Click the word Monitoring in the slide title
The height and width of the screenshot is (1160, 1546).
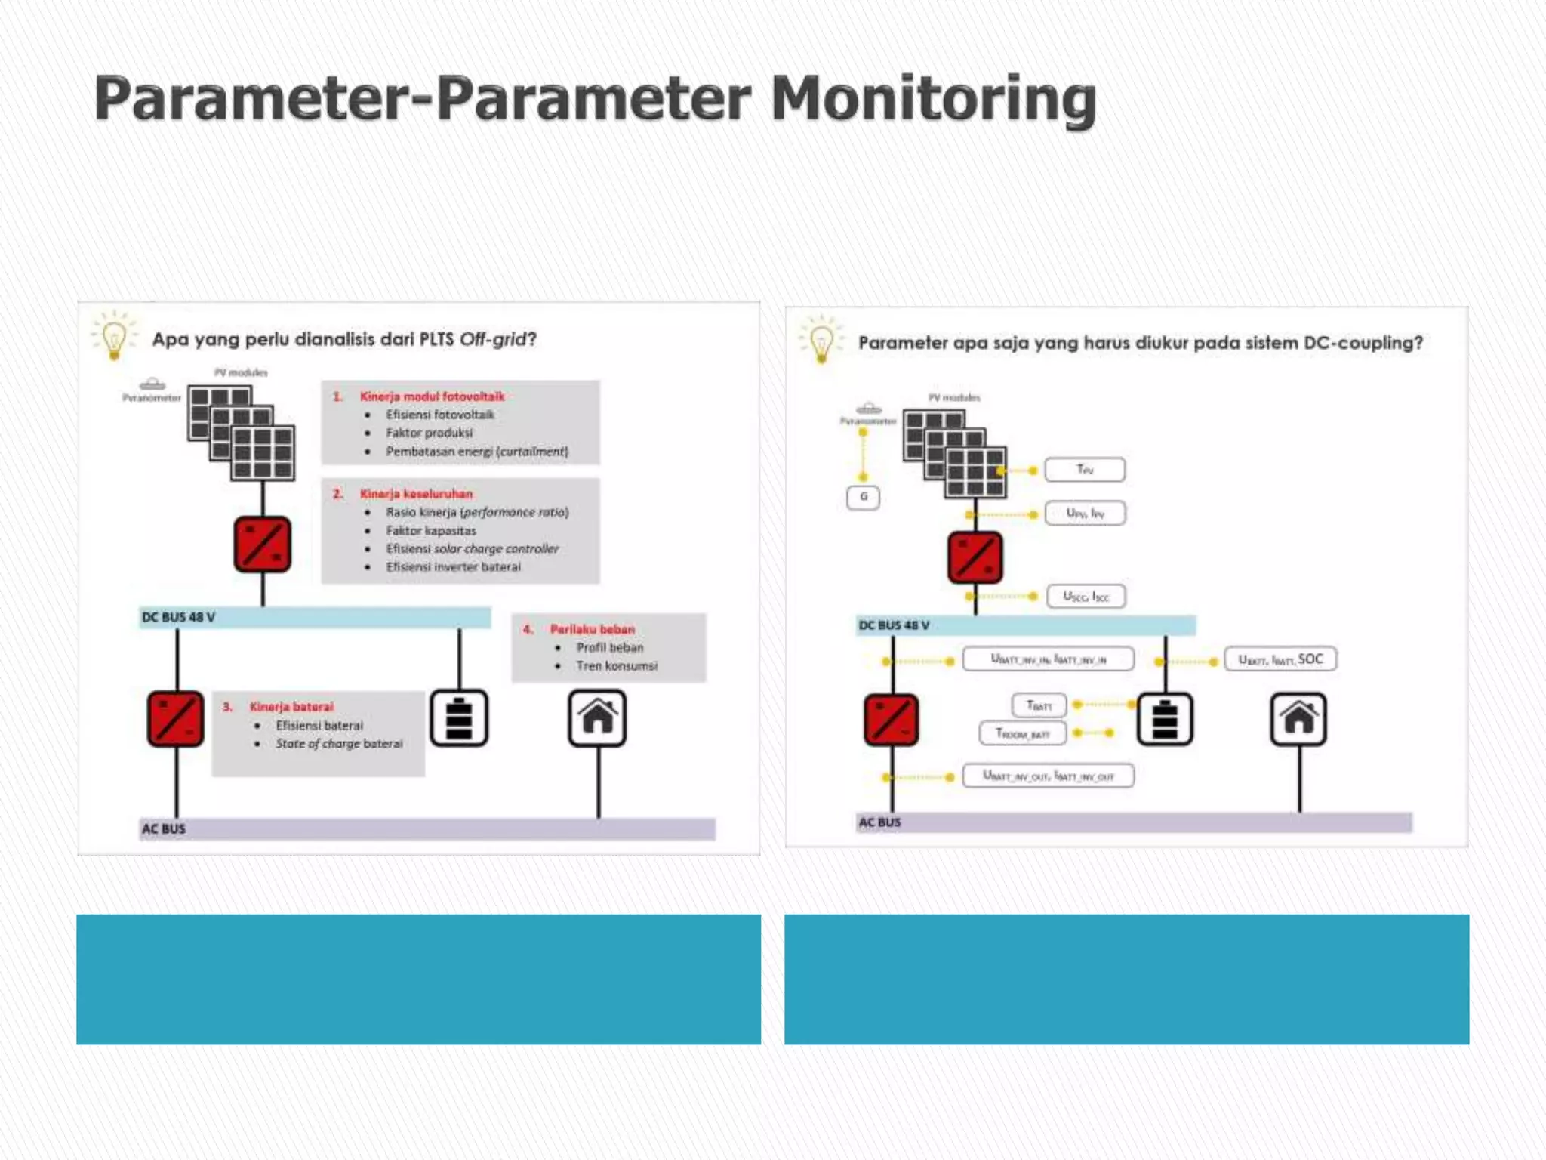click(933, 100)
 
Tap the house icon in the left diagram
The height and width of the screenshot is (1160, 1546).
click(597, 718)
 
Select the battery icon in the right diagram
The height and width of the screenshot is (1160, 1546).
click(1165, 719)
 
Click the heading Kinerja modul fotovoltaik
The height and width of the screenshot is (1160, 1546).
click(432, 396)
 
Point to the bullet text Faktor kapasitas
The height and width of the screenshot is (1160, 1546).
click(431, 531)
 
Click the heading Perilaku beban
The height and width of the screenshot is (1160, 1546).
click(592, 629)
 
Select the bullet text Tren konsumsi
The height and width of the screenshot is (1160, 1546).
click(617, 666)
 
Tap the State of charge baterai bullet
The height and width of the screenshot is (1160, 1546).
click(339, 744)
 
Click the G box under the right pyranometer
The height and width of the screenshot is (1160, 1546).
click(863, 497)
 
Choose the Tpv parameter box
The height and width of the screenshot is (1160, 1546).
click(1085, 470)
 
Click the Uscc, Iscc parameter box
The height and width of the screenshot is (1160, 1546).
click(1086, 597)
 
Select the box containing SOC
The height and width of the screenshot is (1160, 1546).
click(1280, 659)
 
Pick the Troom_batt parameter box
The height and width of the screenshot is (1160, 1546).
click(1023, 733)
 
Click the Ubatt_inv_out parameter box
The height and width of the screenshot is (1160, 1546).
click(1048, 776)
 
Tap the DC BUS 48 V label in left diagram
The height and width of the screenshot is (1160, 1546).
click(179, 618)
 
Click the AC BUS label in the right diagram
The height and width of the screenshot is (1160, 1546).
click(879, 822)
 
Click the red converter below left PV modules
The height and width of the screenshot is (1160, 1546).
click(262, 545)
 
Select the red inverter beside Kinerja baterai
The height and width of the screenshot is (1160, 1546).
click(175, 718)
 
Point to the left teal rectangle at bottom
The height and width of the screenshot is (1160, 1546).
click(418, 980)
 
